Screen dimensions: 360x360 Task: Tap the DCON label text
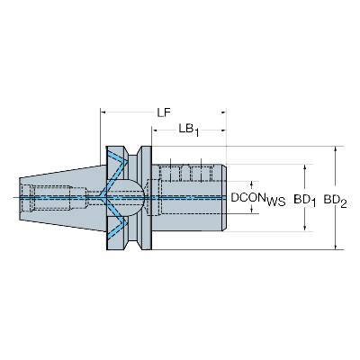(247, 195)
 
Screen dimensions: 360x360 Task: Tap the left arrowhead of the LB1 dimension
(156, 133)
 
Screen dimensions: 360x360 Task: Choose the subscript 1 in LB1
(197, 133)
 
